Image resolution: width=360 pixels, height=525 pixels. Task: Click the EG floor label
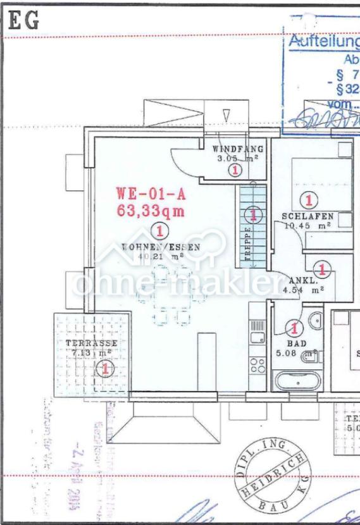click(24, 21)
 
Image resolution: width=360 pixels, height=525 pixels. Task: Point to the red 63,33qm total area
click(151, 211)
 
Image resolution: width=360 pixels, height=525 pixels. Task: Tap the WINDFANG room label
click(234, 149)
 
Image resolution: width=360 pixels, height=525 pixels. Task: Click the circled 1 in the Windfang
click(235, 170)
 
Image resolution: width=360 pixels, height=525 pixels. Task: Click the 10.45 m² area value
click(307, 225)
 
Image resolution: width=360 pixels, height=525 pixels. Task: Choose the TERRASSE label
click(91, 343)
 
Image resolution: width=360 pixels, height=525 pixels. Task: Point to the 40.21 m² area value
click(161, 256)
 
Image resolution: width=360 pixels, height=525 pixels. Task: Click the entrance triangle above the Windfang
click(227, 116)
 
